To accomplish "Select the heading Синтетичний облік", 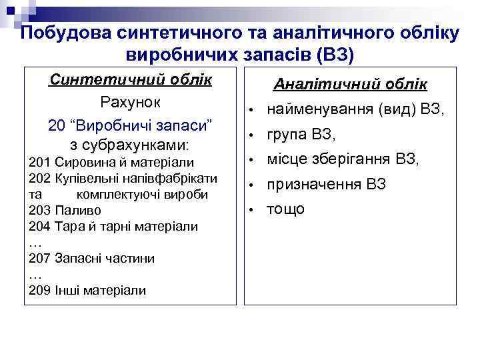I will pos(131,79).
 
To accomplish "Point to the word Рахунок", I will pos(131,102).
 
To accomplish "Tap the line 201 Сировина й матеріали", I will pos(111,162).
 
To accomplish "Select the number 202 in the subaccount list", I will pos(40,178).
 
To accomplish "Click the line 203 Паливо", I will pos(65,210).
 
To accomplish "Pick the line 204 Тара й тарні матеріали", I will pos(113,226).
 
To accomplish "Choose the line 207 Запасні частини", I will pos(92,258).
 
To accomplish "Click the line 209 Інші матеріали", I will pos(87,290).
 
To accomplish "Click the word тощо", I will pos(286,209).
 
